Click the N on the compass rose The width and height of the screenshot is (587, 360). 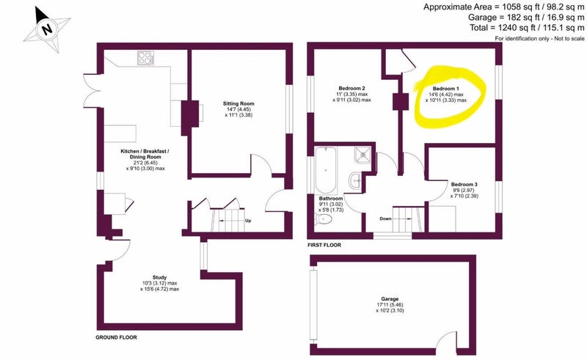(47, 29)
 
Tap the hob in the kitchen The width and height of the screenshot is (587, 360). (145, 58)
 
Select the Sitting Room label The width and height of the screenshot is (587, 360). (238, 103)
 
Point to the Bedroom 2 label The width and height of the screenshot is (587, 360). (352, 89)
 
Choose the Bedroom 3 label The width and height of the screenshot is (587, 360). (464, 185)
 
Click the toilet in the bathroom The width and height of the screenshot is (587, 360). (324, 219)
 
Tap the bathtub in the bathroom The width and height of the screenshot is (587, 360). (326, 171)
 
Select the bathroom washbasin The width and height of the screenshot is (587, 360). (356, 182)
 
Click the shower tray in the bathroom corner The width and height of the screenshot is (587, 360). (363, 154)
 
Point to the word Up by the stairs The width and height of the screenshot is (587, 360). (248, 221)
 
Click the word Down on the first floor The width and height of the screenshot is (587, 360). (385, 219)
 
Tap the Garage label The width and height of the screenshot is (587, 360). (390, 299)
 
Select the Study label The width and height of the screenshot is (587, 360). (159, 278)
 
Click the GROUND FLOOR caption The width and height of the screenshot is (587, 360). (116, 337)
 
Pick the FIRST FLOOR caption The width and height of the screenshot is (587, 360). (324, 246)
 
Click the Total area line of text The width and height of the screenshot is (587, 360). (527, 27)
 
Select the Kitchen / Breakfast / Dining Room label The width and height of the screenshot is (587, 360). (145, 154)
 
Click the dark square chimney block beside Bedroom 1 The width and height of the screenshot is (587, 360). (400, 102)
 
